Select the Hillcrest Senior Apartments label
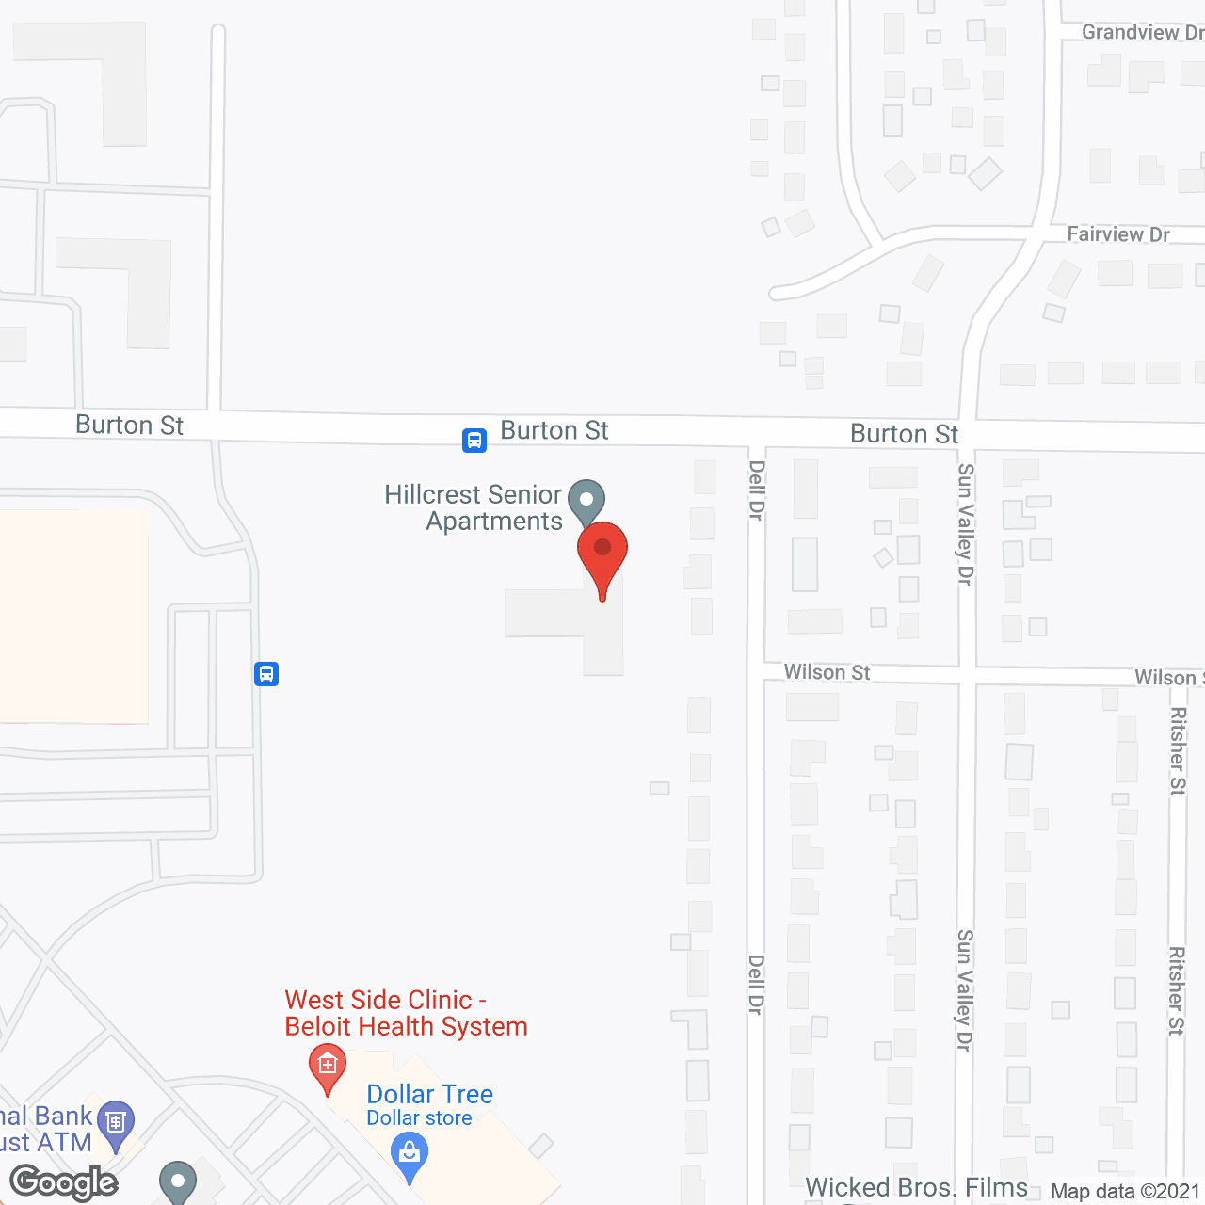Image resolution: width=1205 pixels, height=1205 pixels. point(474,507)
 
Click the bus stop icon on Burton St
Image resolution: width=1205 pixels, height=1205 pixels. point(474,441)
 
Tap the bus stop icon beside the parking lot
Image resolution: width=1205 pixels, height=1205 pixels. point(266,674)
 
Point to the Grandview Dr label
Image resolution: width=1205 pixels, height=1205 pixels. point(1141,33)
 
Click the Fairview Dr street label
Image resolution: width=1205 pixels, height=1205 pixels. point(1117,234)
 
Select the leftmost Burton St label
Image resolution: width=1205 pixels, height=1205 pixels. point(129,426)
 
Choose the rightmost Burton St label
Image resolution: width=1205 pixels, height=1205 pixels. point(904,434)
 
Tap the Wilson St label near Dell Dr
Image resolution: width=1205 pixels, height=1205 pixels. point(827,672)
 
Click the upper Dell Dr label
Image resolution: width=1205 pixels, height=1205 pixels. point(756,490)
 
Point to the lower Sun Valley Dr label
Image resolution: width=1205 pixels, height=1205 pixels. point(964,990)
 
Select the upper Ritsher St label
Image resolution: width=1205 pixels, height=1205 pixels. point(1177,751)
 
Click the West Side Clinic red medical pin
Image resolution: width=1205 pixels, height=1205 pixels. point(328,1067)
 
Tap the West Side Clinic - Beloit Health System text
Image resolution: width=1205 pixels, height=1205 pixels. point(406,1013)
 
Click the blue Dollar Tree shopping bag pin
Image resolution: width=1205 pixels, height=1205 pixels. point(410,1154)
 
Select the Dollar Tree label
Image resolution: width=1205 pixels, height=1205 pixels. point(429,1094)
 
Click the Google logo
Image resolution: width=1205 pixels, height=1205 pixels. point(64,1182)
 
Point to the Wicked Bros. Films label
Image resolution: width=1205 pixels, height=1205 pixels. point(916,1188)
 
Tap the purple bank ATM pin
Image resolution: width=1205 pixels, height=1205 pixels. point(116,1123)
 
